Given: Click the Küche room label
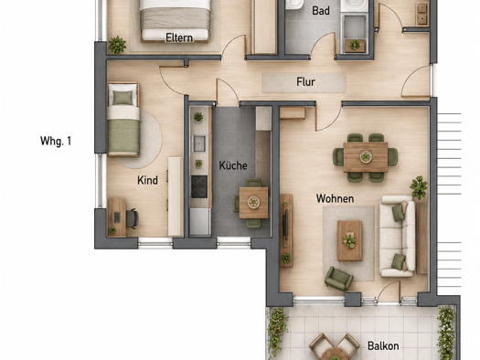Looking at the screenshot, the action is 233,165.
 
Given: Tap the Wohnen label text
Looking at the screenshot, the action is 335,198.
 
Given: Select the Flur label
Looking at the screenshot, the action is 305,82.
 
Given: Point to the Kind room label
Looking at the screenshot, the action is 147,180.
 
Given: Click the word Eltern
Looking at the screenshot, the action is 179,38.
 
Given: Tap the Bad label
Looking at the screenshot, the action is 321,11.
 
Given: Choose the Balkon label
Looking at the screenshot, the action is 383,346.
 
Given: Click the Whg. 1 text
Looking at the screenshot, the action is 56,141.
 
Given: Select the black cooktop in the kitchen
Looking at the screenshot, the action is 199,186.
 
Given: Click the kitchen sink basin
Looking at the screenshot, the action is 199,143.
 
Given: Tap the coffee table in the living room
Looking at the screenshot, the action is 349,240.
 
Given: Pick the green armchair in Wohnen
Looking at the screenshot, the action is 338,278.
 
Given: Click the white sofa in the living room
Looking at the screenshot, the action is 398,236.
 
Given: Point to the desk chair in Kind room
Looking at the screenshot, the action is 133,218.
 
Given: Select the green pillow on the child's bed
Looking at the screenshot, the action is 123,98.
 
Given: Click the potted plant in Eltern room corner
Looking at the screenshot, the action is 117,45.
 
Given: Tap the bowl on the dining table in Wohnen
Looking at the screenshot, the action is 366,156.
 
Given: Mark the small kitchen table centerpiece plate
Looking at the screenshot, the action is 253,202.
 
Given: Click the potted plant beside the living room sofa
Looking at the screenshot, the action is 419,187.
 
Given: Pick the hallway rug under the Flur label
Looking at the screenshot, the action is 304,83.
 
